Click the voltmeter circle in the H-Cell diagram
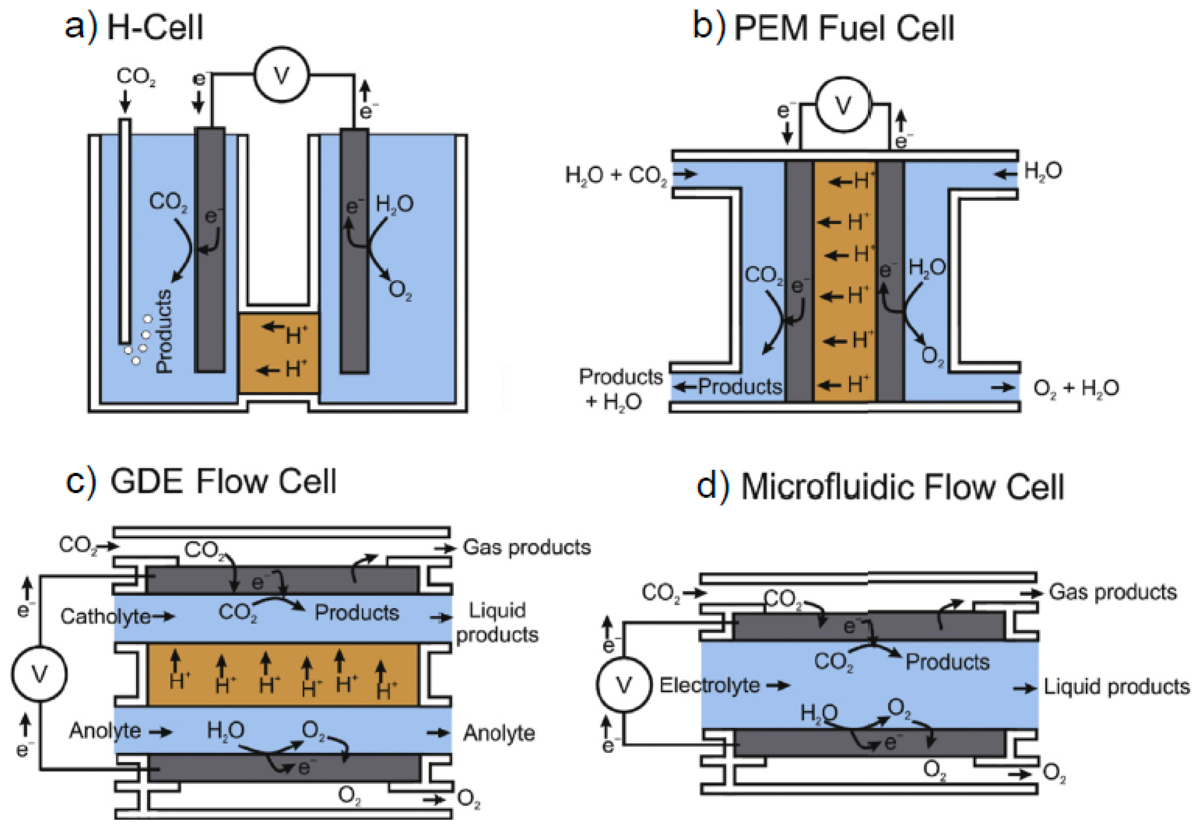point(281,75)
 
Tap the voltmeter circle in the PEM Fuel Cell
point(843,105)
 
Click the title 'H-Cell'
point(155,27)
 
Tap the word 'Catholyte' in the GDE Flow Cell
point(105,616)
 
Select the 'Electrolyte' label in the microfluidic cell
point(709,685)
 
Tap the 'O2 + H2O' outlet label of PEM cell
point(1076,388)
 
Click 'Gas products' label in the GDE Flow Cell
point(526,547)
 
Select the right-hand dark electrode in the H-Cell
point(354,250)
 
